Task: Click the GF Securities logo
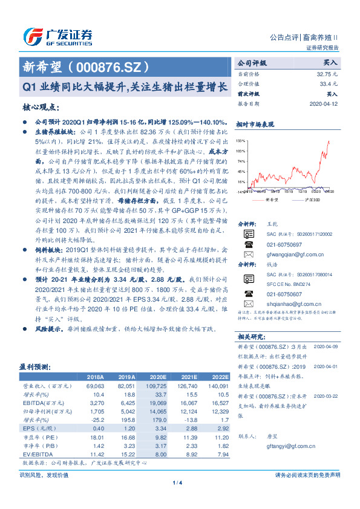(57, 37)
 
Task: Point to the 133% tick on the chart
(240, 140)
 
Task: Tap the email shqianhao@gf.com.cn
(289, 303)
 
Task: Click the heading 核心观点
(40, 107)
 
